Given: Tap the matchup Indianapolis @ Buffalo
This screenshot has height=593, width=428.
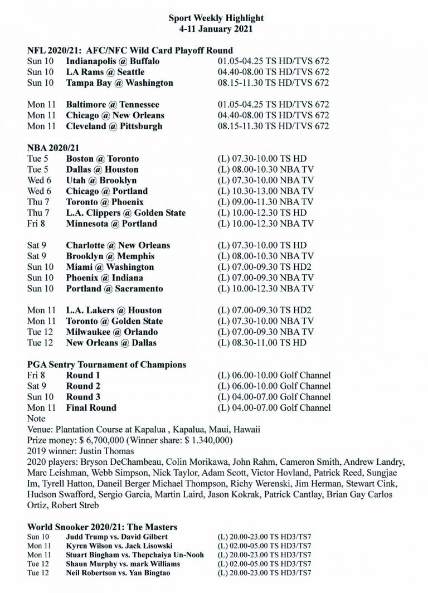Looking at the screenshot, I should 113,61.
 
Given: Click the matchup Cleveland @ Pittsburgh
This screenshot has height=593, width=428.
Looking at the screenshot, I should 114,126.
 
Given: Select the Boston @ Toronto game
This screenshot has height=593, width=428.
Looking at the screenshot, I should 103,159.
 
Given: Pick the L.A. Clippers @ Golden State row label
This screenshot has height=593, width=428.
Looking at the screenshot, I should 125,213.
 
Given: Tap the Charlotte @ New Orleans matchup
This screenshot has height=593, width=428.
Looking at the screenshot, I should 118,245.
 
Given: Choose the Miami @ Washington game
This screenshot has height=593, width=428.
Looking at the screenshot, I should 110,267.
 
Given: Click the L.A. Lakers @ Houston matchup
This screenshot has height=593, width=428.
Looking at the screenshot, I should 114,310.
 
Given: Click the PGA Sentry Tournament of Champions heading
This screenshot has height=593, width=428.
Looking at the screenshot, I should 106,364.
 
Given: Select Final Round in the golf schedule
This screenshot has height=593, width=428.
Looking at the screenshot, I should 91,408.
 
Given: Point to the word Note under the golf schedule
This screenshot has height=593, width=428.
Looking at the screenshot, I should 36,419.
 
